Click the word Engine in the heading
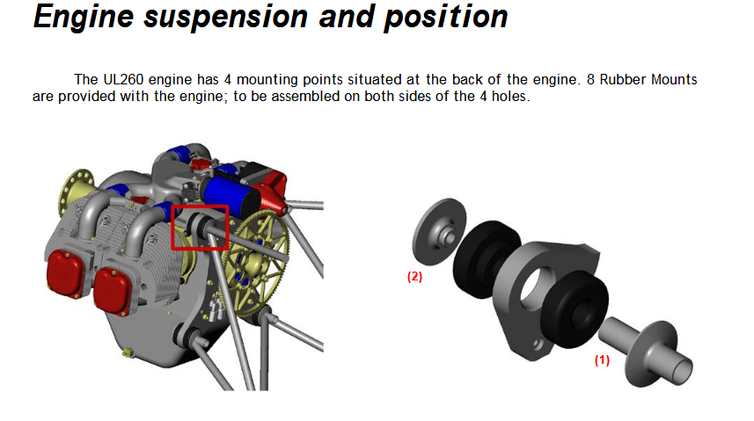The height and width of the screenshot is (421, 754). point(78,18)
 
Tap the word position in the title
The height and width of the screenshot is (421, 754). point(445,18)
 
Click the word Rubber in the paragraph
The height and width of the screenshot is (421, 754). point(630,80)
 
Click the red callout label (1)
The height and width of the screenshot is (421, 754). point(602,360)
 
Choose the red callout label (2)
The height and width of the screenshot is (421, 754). point(414,276)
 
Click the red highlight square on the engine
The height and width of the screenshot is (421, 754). point(200,228)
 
